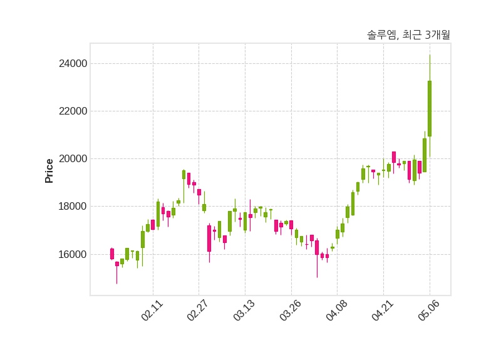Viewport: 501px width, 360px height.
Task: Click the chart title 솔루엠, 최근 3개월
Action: click(408, 34)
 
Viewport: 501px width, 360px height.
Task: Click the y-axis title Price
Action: click(49, 171)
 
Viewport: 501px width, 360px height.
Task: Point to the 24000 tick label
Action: click(73, 64)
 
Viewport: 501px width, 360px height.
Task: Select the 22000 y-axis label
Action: click(73, 111)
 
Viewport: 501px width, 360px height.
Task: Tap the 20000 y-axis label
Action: click(73, 159)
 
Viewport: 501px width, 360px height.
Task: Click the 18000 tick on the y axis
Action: click(73, 207)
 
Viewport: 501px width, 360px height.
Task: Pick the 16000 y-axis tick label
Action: click(73, 255)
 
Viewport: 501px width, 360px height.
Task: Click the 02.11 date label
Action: click(152, 310)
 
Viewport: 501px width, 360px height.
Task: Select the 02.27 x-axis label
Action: click(197, 310)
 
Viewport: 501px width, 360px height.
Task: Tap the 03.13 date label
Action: click(244, 310)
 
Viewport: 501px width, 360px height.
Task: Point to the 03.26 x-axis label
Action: click(290, 310)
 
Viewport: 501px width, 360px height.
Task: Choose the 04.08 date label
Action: click(336, 310)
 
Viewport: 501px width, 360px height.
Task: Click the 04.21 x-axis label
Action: click(383, 310)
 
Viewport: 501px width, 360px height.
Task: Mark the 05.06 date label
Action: click(429, 310)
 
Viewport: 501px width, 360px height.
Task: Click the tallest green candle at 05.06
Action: click(430, 108)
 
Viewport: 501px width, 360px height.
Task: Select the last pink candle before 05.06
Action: click(420, 167)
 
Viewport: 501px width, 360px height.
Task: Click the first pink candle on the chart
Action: click(112, 254)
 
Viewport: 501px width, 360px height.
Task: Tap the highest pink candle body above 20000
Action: click(394, 157)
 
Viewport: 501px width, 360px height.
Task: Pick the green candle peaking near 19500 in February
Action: click(183, 175)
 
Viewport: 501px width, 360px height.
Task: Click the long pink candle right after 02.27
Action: click(209, 239)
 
